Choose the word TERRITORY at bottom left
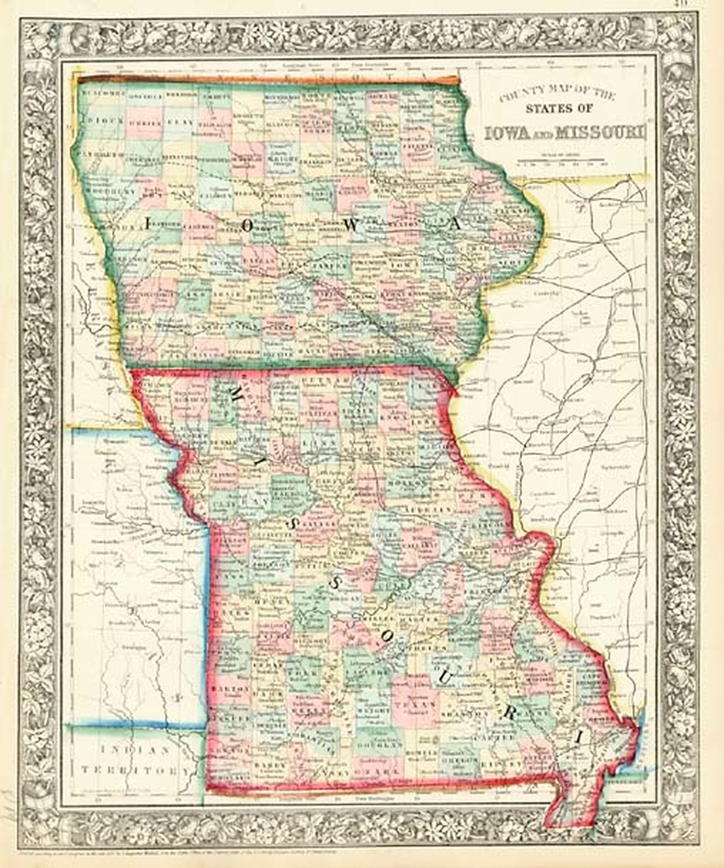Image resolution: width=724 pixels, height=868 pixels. point(134,770)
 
